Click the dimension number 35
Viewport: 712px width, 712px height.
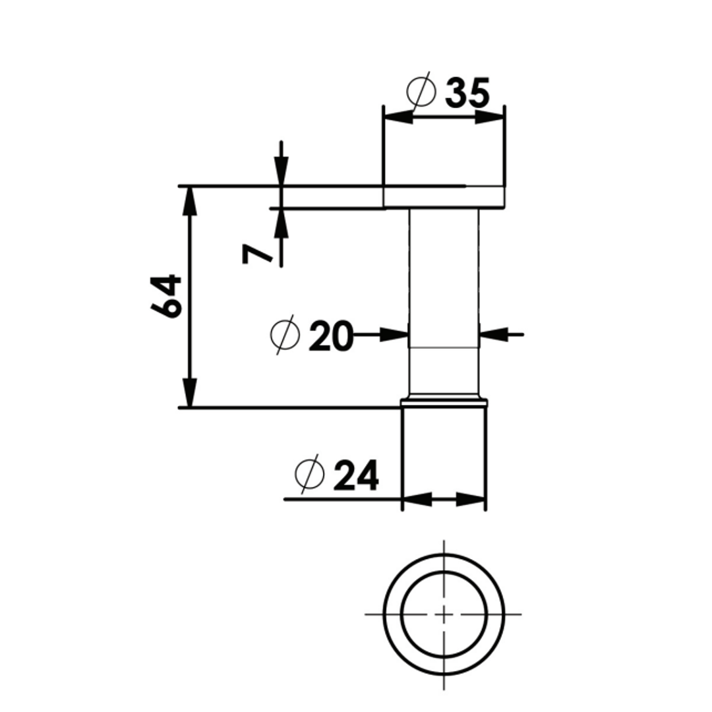(467, 93)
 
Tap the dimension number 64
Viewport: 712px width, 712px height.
(166, 295)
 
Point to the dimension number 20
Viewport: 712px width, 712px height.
(330, 336)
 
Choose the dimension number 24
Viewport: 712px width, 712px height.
(356, 475)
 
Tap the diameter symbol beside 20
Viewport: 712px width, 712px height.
(285, 335)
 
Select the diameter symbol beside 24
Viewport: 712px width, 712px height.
(309, 474)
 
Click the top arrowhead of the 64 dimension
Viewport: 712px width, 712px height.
(190, 200)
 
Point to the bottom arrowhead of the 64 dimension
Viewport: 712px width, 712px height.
(190, 393)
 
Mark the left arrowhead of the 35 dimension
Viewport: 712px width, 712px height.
(398, 117)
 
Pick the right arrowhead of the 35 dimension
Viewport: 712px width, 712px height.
(489, 117)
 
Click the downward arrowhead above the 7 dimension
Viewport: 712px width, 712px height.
(282, 171)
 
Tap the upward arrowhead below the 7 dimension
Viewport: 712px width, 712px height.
(282, 223)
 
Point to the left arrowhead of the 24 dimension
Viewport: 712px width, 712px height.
(417, 499)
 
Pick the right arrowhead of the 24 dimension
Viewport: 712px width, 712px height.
(471, 499)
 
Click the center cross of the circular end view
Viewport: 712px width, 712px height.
(444, 614)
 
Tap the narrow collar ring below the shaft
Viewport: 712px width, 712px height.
(444, 402)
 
